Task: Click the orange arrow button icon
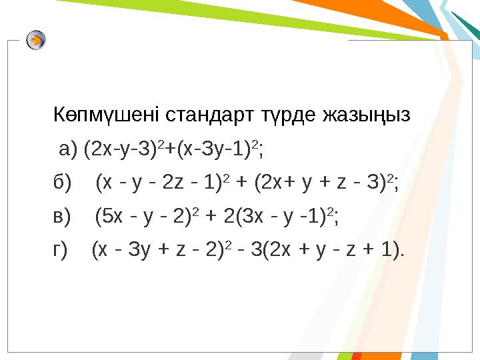[x=37, y=41]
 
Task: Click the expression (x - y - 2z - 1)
[x=159, y=182]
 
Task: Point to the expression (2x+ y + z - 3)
[x=317, y=182]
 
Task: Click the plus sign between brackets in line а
[x=172, y=150]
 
